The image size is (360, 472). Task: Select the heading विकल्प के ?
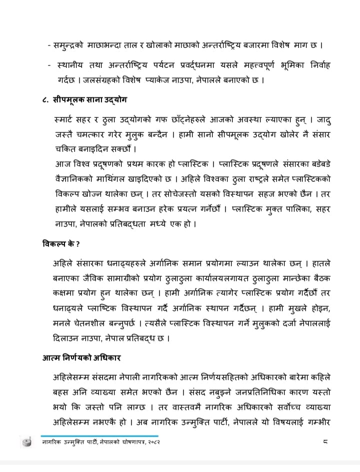click(x=61, y=244)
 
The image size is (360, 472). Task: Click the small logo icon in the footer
click(x=25, y=442)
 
